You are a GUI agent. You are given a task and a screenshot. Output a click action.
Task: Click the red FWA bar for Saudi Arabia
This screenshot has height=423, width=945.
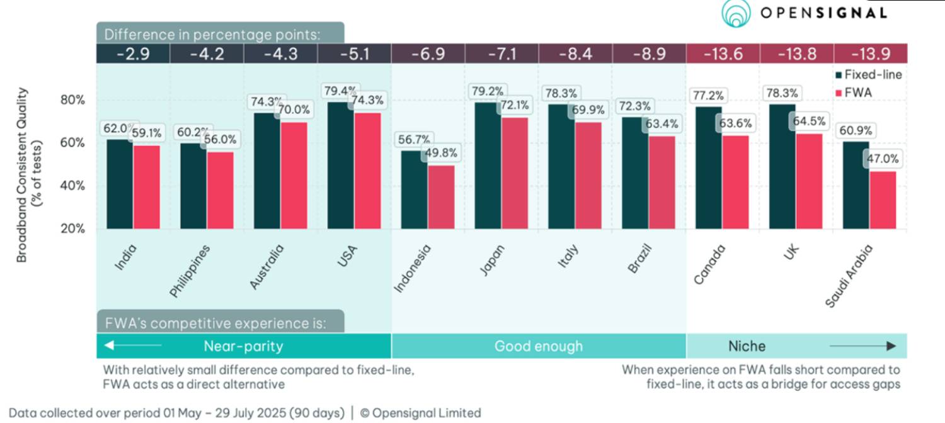point(883,200)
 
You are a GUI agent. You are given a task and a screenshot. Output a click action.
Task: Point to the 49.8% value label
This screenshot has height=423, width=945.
point(442,153)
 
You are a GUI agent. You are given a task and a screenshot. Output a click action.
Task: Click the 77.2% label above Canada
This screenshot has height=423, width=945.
point(709,96)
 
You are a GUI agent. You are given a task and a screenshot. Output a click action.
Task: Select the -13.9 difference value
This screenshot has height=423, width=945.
point(870,54)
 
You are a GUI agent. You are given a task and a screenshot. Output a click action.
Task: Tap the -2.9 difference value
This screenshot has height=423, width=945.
point(133,54)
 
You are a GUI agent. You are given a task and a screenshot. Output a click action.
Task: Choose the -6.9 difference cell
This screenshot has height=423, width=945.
point(428,54)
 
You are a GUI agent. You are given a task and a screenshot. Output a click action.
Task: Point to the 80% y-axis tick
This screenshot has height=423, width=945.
point(72,100)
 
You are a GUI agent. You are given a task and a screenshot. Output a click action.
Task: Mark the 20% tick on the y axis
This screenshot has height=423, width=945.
point(72,228)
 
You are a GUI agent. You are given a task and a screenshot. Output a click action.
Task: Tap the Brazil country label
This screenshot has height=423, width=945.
point(639,258)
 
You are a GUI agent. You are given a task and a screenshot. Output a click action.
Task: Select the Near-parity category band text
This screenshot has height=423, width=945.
point(243,346)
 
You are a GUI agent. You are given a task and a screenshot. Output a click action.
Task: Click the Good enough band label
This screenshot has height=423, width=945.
point(539,346)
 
